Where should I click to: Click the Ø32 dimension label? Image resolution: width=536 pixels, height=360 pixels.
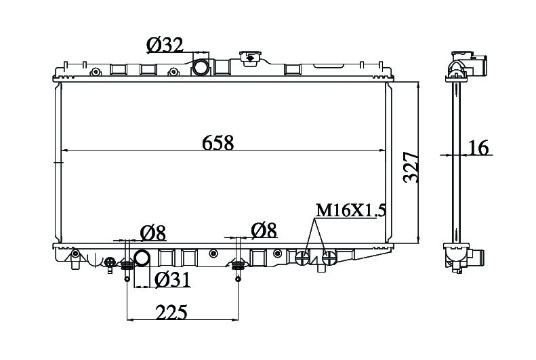coord(165,45)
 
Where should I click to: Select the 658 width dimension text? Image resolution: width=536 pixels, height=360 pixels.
coord(218,142)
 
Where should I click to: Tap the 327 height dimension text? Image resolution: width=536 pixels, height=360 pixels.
coord(411,167)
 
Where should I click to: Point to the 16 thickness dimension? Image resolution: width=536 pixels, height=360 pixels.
coord(478,148)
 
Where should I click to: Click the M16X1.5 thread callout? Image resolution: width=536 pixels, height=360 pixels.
coord(351,210)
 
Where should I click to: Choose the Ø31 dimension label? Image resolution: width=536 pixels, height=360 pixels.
coord(172,280)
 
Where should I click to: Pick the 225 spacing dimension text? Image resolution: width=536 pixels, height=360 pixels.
coord(171,312)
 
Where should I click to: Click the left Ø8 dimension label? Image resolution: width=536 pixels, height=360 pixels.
coord(152,233)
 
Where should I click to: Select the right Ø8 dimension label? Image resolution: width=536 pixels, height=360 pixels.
coord(264,230)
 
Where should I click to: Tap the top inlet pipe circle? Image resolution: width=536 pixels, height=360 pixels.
coord(201,67)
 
